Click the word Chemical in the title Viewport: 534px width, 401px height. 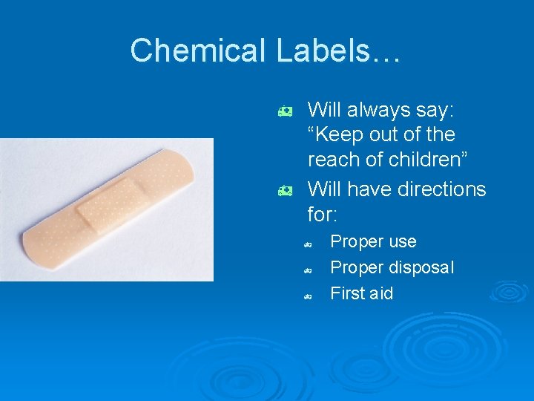click(197, 50)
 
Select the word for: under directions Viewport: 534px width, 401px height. click(323, 215)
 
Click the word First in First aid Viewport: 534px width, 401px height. click(346, 293)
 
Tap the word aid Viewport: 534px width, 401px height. click(381, 293)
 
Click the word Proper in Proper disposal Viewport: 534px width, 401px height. click(354, 267)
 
